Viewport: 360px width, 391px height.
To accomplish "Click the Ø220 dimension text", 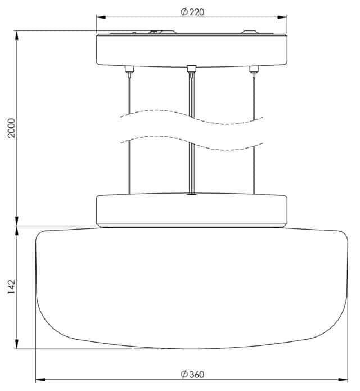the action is click(192, 11).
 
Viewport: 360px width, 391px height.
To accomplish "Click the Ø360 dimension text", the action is click(192, 374).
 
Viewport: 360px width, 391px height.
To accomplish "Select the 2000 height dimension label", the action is click(11, 128).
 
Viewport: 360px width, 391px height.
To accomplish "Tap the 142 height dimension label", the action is click(11, 287).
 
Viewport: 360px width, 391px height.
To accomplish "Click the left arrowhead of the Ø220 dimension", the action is click(101, 17).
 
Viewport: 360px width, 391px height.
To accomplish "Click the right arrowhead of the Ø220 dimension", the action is click(282, 17).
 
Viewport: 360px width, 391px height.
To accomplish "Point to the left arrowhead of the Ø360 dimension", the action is click(40, 380).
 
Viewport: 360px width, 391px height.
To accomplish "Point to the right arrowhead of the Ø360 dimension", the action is click(343, 380).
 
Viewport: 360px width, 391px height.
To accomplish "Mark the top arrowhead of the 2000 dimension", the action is click(17, 35).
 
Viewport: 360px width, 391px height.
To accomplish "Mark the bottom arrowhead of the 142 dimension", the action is click(17, 344).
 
